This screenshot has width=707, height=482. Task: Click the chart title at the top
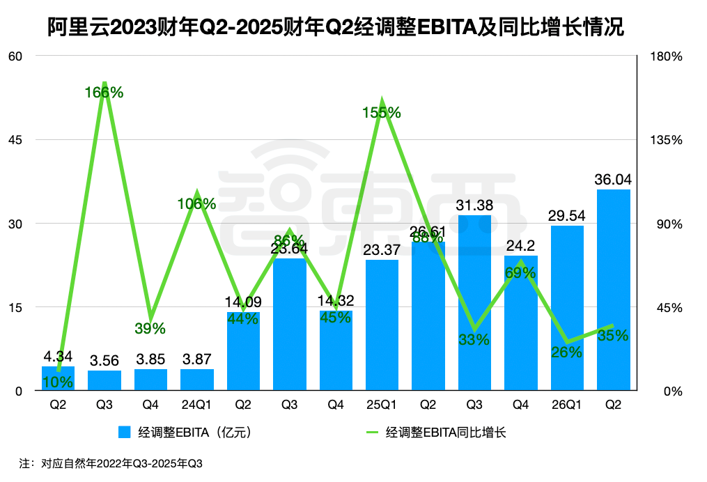336,27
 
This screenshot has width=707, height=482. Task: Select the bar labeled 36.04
613,290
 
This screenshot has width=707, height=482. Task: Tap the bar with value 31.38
474,303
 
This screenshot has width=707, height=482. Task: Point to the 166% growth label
104,92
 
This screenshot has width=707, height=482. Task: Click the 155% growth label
382,113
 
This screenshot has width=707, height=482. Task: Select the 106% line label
196,204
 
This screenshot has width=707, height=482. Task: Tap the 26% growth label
566,352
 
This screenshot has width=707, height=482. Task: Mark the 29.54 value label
566,216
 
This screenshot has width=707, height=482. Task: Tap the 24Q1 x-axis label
196,405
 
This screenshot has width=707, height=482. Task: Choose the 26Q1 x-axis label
566,405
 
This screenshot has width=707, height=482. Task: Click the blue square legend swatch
125,433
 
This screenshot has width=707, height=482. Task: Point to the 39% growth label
150,327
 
